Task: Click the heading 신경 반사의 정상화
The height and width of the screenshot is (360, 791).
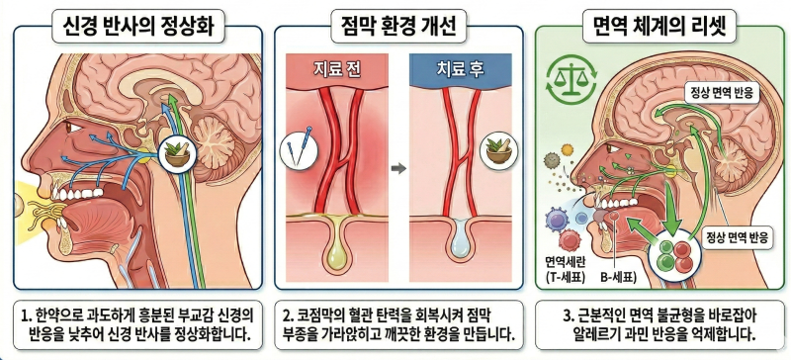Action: tap(137, 28)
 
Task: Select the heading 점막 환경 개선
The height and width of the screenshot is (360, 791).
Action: tap(398, 28)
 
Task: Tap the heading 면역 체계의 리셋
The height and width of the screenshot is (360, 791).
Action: tap(660, 28)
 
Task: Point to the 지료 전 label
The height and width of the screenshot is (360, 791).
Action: tap(337, 70)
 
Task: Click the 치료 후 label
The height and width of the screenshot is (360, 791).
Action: tap(460, 70)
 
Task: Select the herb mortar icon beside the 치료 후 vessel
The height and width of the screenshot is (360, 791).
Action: tap(499, 149)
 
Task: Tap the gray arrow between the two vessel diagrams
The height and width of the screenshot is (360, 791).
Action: tap(398, 169)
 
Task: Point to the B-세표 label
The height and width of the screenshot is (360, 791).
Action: tap(619, 277)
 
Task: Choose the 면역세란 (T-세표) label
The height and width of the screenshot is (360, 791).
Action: tap(565, 269)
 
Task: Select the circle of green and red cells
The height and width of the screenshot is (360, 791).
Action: tap(674, 254)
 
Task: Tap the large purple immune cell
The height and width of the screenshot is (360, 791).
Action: tap(558, 223)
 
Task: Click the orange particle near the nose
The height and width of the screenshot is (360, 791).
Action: tap(568, 149)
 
